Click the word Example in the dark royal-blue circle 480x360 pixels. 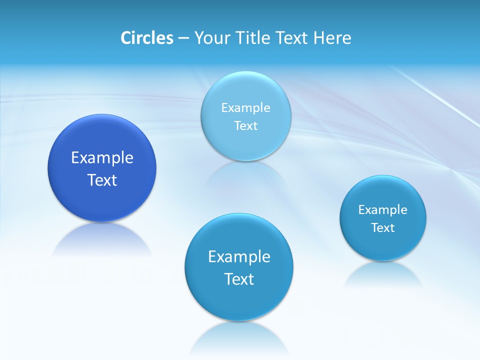102,157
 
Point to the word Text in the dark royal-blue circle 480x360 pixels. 102,180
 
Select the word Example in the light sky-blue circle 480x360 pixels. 246,107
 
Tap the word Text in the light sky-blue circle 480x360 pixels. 246,125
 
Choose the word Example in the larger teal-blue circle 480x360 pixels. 239,256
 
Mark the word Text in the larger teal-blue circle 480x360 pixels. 239,279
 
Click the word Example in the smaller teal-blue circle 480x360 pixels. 383,209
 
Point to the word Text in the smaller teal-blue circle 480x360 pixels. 383,227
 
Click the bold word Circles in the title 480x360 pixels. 146,37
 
